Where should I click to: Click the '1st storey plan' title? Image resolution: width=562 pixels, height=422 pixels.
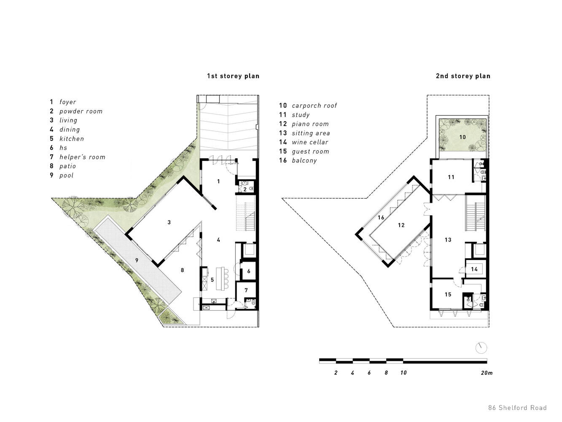point(233,76)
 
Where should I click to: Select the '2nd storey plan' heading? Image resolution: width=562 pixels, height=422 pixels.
point(463,76)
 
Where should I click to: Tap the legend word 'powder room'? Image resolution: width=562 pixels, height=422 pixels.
point(81,111)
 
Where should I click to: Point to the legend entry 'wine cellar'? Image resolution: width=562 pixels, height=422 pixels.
point(310,142)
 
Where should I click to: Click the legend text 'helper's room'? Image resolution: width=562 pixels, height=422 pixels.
point(82,157)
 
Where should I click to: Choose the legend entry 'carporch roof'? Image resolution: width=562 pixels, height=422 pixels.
point(314,105)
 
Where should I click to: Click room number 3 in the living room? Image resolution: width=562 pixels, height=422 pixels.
point(169,222)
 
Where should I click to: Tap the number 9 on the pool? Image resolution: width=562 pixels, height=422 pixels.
point(137,260)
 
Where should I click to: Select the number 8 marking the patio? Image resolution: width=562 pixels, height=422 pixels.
point(182,270)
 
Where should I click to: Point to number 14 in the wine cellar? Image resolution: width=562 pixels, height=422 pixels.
point(474,269)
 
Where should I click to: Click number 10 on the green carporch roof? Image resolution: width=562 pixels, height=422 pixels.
point(463,137)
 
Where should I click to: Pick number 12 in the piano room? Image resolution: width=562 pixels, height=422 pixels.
point(401,225)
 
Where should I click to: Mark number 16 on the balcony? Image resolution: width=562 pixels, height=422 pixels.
point(381,217)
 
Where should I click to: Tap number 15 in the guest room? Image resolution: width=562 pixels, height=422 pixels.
point(448,295)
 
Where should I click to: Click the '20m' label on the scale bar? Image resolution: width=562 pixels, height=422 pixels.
point(487,373)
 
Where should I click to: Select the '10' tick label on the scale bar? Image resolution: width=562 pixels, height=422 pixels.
point(403,373)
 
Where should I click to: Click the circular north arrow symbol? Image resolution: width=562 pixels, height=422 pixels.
point(481,348)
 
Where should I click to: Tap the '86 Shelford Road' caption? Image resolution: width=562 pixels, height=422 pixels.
point(517,408)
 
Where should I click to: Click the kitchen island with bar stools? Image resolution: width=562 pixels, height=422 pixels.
point(222,279)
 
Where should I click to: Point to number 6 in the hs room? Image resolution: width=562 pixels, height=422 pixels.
point(249,271)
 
